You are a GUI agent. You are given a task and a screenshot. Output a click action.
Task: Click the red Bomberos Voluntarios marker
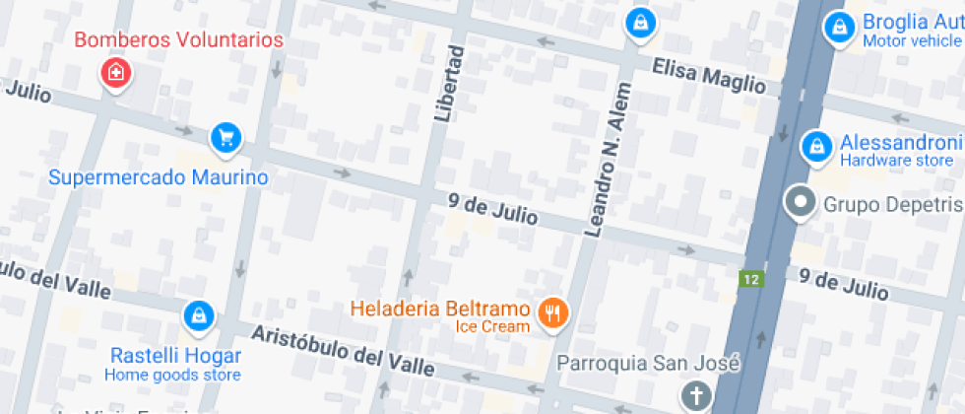(116, 72)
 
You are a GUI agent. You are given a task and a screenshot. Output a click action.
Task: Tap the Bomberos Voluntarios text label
(179, 40)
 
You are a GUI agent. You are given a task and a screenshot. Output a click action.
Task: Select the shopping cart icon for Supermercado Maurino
(226, 137)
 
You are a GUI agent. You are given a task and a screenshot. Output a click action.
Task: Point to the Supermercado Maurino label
(159, 178)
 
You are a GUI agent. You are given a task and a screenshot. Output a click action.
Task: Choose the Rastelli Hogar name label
(175, 356)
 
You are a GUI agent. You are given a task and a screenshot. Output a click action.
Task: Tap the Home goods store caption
(172, 376)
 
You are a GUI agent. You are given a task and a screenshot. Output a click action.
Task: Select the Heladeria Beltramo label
(440, 308)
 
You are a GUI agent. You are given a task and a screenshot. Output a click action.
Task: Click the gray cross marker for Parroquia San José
(696, 396)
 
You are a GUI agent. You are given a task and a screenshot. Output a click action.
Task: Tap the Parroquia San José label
(648, 363)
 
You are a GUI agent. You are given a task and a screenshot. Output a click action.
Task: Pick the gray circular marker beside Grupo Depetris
(800, 203)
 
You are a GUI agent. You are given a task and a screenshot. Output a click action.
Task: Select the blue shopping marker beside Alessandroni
(816, 146)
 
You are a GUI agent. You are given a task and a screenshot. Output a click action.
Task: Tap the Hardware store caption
(896, 161)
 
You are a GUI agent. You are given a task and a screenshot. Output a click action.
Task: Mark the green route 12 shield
(752, 279)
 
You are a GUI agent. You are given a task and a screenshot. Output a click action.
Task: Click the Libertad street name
(448, 85)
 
